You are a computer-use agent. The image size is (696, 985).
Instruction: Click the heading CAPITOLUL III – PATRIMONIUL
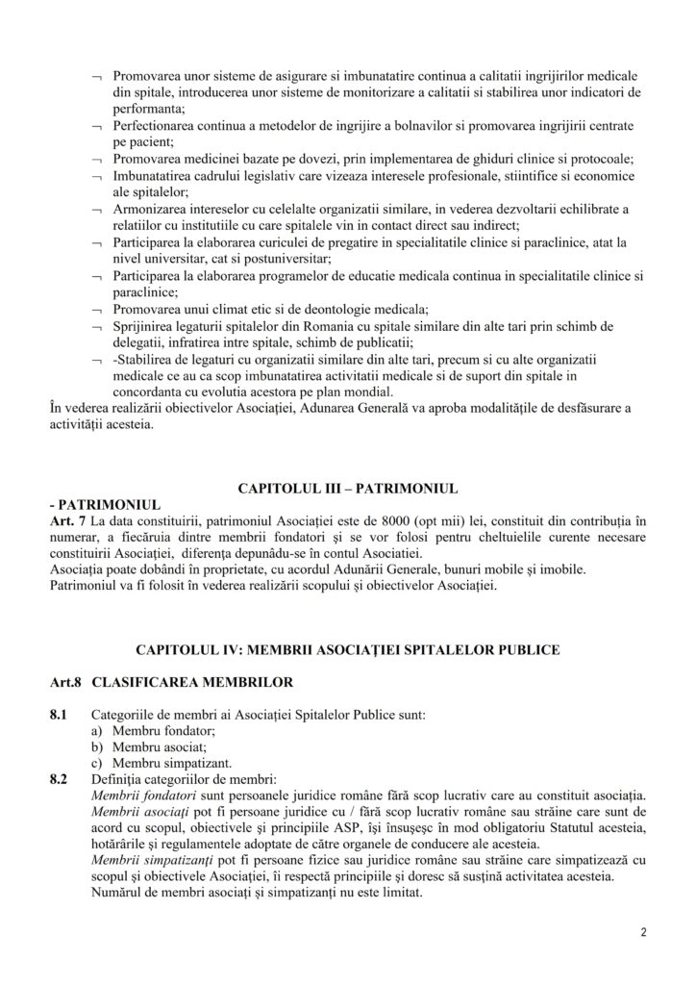coord(347,487)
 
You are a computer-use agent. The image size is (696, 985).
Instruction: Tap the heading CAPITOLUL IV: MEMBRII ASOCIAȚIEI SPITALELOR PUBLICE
coord(347,650)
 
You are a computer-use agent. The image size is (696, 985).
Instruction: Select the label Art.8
coord(64,684)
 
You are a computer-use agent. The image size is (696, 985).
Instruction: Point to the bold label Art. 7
coord(65,520)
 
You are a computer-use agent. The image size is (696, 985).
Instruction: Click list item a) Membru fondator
coord(144,732)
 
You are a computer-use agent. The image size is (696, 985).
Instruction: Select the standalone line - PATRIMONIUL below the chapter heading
coord(102,504)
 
